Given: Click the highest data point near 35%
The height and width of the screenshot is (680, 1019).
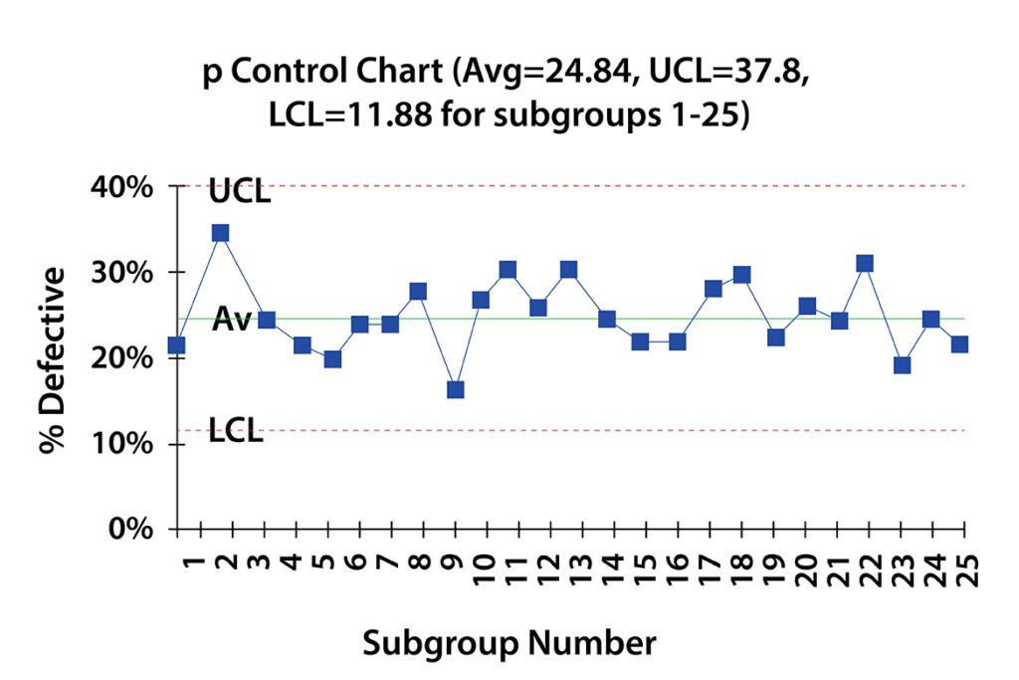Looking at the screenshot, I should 220,233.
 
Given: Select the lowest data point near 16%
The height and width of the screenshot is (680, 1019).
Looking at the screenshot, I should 455,389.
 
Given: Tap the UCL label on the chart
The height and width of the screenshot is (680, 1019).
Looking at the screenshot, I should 239,192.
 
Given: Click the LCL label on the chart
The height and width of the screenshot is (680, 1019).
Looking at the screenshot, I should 236,432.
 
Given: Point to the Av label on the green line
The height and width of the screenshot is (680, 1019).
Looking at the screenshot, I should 231,320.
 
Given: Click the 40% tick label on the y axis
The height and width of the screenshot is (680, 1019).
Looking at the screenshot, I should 124,187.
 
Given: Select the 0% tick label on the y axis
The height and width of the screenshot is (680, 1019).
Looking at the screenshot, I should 131,529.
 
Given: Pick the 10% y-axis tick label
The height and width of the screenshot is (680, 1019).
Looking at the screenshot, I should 124,443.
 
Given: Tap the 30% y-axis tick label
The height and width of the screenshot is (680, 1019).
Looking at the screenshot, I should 124,273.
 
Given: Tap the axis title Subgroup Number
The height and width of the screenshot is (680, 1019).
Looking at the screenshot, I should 509,642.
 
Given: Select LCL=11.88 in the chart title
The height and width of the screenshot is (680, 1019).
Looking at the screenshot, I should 352,115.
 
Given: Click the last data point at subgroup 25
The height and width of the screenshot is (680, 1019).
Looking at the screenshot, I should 959,344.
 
